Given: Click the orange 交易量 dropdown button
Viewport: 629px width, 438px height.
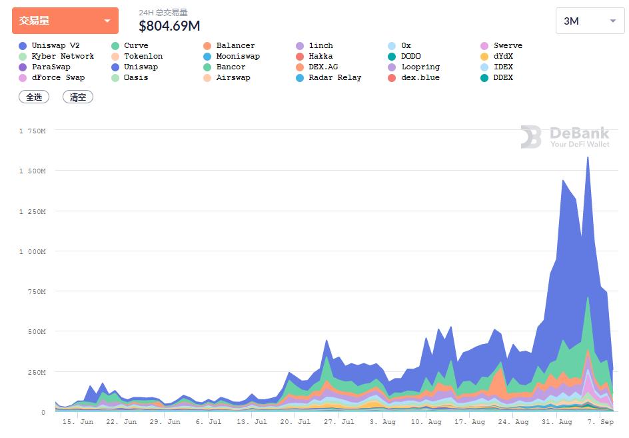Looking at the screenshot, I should (65, 21).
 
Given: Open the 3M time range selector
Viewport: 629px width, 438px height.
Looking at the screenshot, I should (590, 21).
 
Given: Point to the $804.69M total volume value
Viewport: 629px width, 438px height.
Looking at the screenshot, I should (169, 26).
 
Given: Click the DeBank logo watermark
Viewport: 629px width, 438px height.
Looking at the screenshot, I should (565, 137).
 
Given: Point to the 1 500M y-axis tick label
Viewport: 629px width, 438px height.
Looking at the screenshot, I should (32, 171).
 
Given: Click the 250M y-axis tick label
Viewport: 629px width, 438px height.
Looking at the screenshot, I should (35, 372).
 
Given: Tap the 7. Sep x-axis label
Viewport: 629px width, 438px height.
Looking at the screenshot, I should (598, 422).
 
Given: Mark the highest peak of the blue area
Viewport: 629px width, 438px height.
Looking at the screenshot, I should (588, 157).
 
